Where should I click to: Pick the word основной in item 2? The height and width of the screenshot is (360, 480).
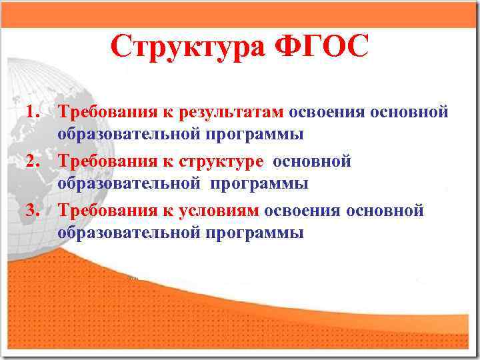[x=312, y=161]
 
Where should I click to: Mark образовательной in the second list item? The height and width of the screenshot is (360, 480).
[x=129, y=183]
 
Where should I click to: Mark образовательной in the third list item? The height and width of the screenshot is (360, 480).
[x=129, y=233]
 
